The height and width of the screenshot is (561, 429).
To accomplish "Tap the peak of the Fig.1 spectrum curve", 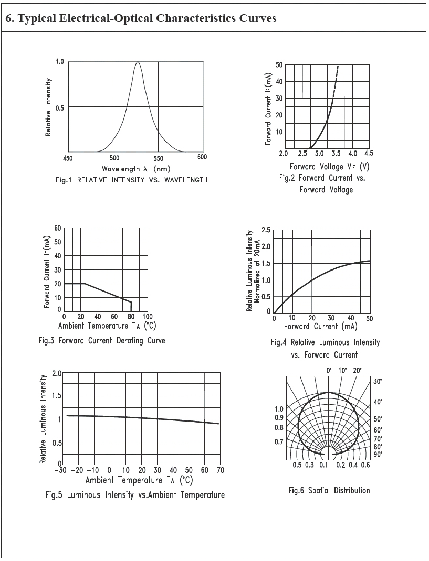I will [138, 62].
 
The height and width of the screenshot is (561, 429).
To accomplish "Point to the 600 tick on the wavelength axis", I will [202, 157].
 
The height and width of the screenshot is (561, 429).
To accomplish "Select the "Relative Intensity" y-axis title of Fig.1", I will [48, 107].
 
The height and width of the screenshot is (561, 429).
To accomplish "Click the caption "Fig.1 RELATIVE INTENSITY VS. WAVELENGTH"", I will [131, 180].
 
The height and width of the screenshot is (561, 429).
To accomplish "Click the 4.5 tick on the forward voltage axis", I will [369, 154].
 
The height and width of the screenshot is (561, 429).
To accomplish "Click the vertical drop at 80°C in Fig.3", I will [131, 306].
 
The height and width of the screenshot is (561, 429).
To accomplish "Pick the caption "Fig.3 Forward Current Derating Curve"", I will [102, 341].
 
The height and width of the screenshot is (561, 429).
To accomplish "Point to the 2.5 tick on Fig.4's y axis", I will [266, 230].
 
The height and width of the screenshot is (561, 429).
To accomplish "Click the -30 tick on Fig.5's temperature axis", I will [62, 470].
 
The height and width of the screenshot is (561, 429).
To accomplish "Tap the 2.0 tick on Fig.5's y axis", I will [57, 373].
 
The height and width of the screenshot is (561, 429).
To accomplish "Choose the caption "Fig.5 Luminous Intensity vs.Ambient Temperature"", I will [134, 495].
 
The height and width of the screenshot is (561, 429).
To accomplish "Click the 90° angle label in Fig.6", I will [378, 454].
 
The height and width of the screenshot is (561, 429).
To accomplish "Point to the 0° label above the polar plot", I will [329, 371].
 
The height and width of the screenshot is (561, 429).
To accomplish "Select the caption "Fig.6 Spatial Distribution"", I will [329, 491].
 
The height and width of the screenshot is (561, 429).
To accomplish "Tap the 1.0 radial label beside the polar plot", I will [279, 409].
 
